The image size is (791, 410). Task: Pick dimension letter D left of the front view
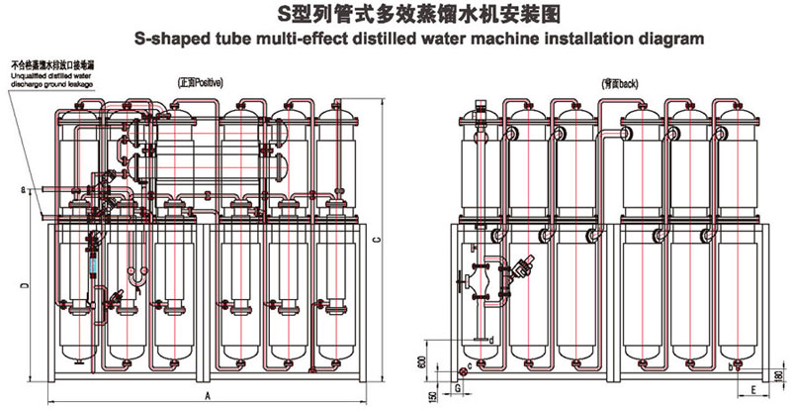(27, 284)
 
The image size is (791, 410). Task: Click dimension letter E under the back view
(752, 390)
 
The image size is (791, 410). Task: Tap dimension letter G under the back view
(458, 389)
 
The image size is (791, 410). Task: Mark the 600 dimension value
(423, 362)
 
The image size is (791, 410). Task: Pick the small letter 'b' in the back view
(730, 366)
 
